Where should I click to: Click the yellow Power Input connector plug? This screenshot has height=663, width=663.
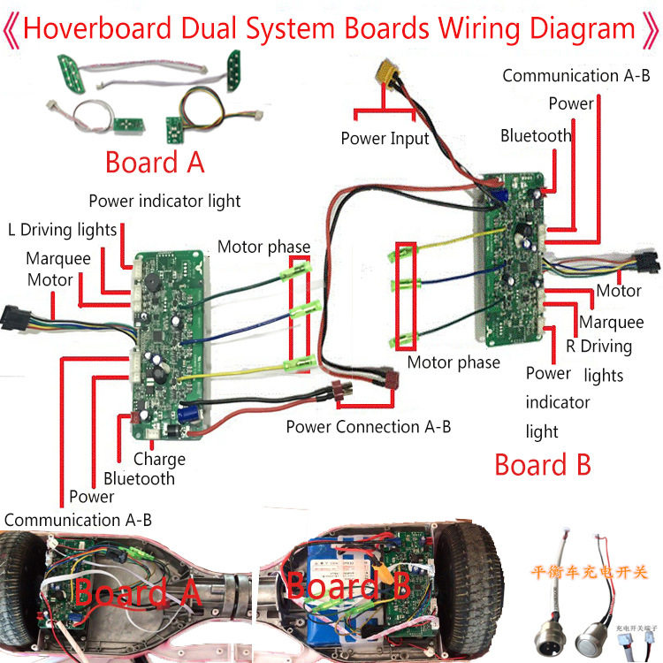pos(388,72)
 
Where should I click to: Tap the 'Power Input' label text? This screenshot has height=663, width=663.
pos(385,139)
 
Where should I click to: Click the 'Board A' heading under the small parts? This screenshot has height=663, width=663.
pos(155,163)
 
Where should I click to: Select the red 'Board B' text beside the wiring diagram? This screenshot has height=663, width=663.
pos(543,465)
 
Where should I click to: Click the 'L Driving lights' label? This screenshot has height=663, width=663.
pos(62,230)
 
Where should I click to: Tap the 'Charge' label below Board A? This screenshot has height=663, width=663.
pos(159,459)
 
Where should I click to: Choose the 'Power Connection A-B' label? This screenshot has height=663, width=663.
pos(369,427)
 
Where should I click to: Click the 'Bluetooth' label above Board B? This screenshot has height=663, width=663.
pos(536,135)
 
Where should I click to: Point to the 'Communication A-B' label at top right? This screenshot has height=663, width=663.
pos(575,75)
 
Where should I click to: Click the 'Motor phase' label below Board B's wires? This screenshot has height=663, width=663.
pos(453,362)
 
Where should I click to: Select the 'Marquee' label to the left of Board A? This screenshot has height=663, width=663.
pos(58,259)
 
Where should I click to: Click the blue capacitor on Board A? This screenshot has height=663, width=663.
pos(187,411)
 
